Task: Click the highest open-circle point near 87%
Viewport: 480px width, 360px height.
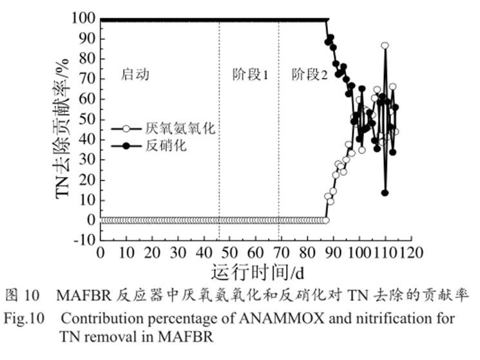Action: click(385, 46)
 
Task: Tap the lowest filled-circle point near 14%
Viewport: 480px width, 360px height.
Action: click(385, 192)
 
